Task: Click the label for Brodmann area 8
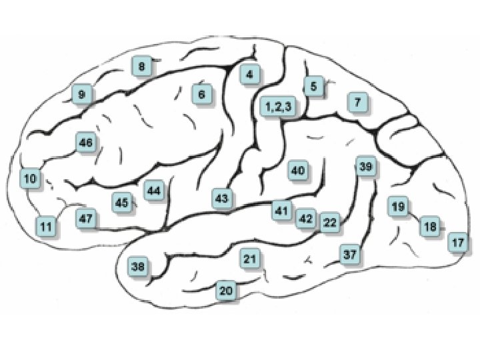(x=141, y=67)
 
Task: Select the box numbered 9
(x=81, y=95)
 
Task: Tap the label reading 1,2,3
(x=278, y=106)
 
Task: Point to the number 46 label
(x=85, y=142)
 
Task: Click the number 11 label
(x=45, y=227)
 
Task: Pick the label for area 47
(x=85, y=219)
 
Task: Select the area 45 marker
(x=121, y=202)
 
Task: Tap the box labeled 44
(x=154, y=191)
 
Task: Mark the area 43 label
(x=222, y=198)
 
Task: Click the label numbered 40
(x=297, y=171)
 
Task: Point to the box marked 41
(x=281, y=211)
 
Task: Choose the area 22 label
(x=330, y=223)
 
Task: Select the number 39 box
(x=365, y=167)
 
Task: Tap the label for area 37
(x=351, y=254)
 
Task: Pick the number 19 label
(x=398, y=207)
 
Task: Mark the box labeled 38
(x=138, y=267)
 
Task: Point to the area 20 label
(x=227, y=291)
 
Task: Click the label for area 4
(x=249, y=74)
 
